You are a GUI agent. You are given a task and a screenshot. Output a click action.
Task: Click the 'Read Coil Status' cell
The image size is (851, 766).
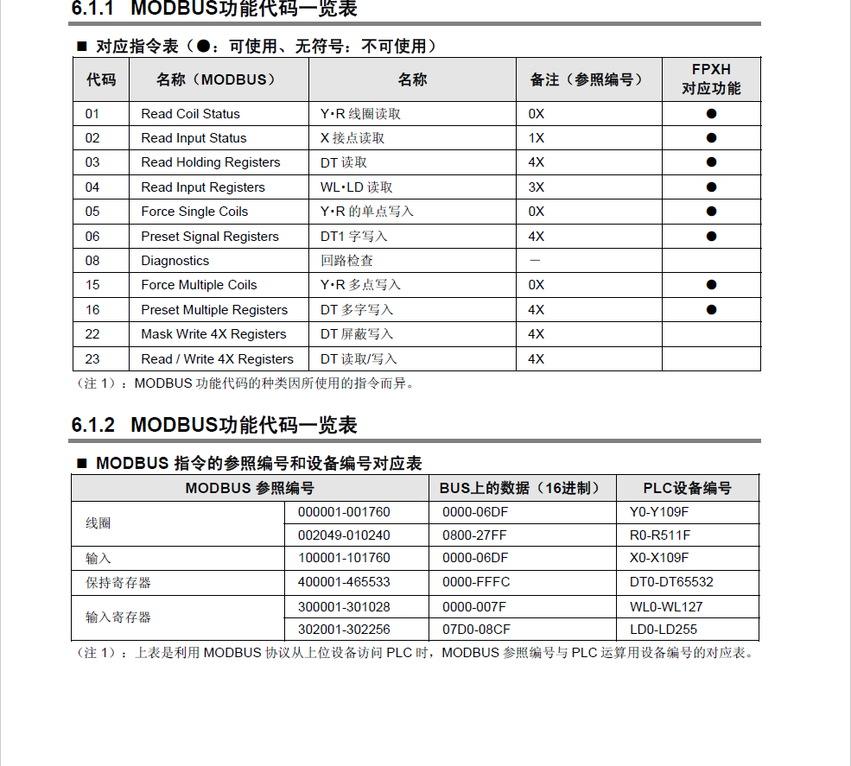(190, 114)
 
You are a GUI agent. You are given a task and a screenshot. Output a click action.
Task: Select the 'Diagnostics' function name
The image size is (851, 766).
(175, 261)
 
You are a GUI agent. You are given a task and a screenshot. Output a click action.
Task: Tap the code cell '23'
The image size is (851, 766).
(92, 359)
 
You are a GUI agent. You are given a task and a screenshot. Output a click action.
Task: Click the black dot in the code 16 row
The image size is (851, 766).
(711, 309)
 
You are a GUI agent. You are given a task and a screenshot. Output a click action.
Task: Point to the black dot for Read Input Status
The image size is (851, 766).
(711, 138)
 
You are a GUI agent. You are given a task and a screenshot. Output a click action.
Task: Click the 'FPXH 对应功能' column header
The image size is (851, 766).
(711, 79)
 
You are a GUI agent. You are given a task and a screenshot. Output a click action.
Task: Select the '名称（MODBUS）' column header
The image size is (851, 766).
(216, 79)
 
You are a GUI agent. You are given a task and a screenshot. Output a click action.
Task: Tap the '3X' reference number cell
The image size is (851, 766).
(536, 187)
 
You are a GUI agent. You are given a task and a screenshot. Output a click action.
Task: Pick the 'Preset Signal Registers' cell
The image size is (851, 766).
(210, 237)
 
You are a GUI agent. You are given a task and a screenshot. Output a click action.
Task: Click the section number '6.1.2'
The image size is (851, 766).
(93, 425)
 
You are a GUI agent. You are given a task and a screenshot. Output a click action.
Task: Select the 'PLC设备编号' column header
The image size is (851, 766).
(687, 488)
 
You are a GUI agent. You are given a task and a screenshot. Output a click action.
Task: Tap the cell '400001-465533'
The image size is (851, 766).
(344, 582)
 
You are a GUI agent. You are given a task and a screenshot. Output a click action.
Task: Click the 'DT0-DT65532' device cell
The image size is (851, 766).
(671, 582)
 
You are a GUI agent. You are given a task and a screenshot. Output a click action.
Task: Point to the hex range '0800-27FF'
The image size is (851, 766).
(474, 535)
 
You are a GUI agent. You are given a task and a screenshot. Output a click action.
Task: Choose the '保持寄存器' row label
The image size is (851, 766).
(118, 583)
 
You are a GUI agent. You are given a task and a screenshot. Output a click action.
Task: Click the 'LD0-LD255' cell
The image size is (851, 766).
(663, 630)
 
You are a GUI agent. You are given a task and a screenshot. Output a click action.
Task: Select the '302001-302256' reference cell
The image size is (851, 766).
(344, 630)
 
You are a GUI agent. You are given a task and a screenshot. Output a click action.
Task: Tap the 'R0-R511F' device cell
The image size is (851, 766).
(659, 535)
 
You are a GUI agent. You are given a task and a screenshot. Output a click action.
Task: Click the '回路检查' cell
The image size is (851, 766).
(346, 261)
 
